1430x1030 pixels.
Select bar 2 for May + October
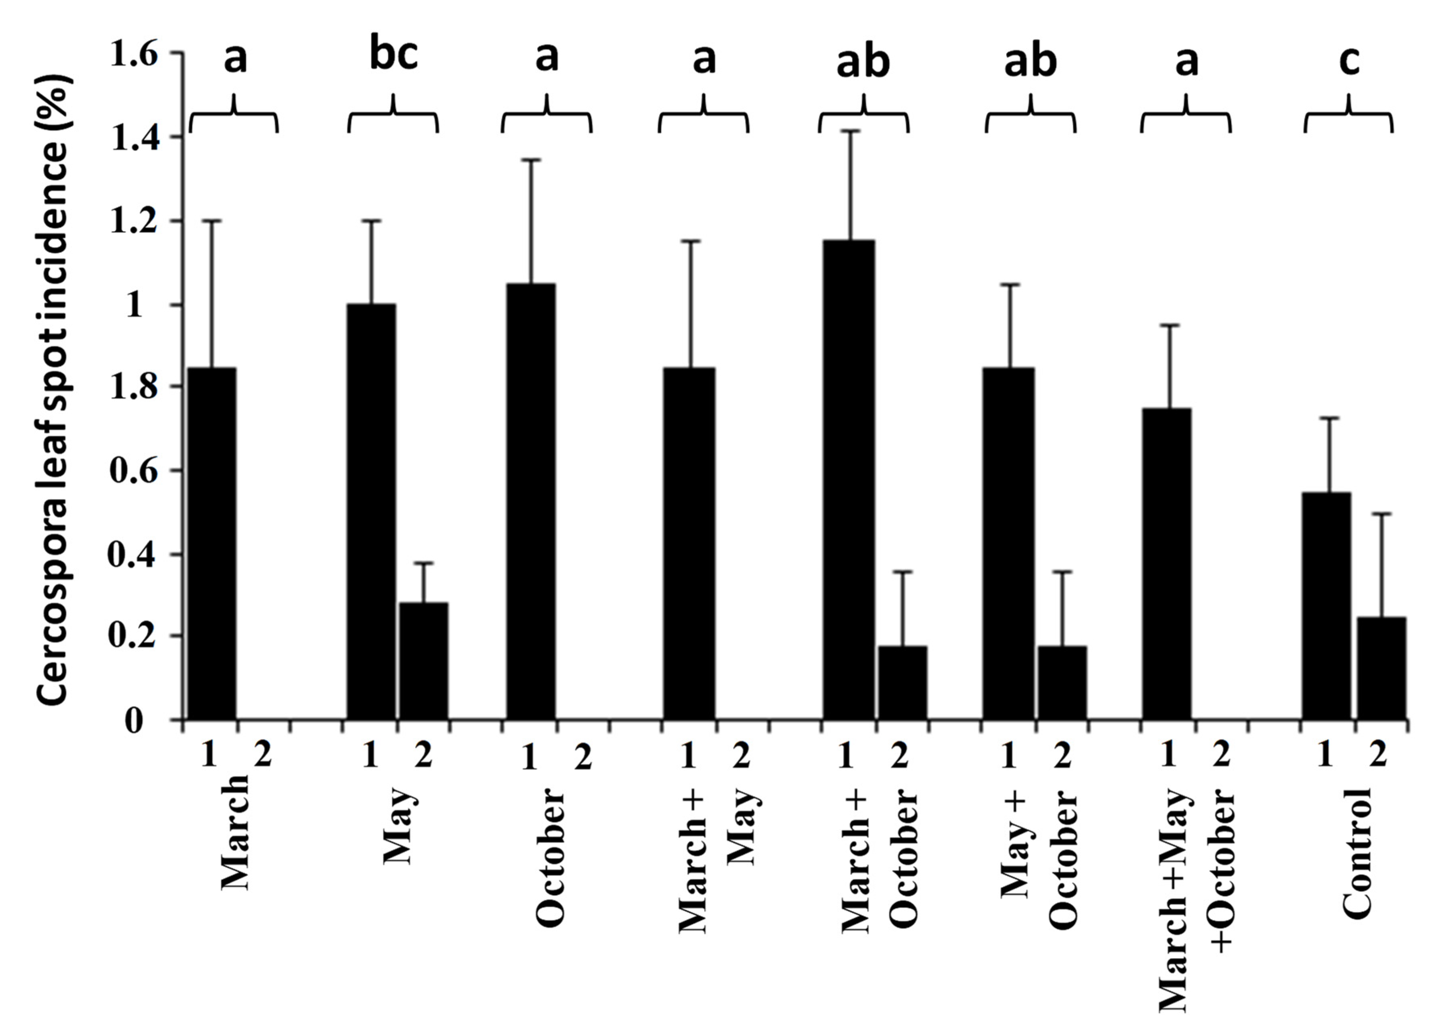pos(1062,682)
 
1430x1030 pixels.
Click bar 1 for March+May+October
pos(1167,564)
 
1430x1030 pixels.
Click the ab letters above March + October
pos(863,62)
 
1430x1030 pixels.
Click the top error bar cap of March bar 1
pos(212,221)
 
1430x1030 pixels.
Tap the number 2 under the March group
pos(263,755)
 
